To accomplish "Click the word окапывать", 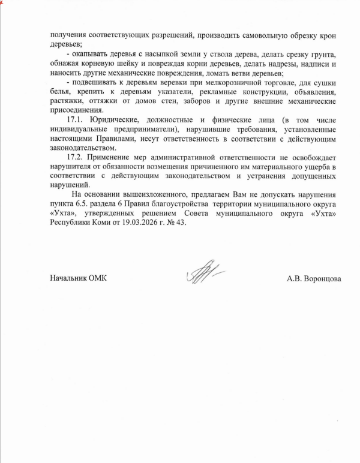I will pos(90,54).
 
